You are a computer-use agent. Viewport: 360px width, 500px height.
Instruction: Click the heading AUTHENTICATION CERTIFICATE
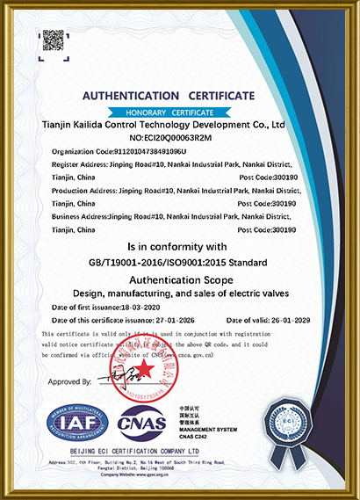[x=168, y=95]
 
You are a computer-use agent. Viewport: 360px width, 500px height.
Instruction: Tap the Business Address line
[x=172, y=215]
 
